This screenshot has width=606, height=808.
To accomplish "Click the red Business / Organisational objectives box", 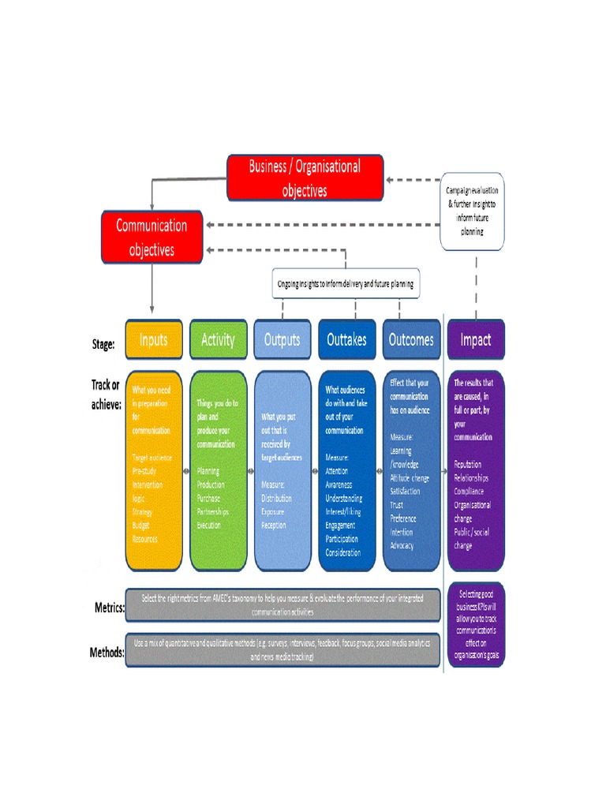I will click(305, 178).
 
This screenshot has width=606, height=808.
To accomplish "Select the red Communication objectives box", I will click(151, 238).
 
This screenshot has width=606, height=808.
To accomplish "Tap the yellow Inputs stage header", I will click(154, 339).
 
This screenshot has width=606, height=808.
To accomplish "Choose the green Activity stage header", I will click(218, 339).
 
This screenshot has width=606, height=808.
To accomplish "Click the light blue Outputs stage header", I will click(282, 339).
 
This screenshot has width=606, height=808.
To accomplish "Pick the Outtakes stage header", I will click(346, 339).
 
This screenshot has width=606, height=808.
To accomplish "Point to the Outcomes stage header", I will click(411, 339).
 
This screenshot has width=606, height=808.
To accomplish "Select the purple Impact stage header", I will click(475, 339).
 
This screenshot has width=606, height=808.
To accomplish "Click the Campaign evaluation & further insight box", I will click(472, 211).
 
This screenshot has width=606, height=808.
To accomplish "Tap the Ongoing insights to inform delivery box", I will click(346, 282).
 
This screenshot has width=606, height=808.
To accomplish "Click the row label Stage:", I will click(103, 343).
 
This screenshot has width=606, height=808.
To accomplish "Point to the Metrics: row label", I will click(107, 608).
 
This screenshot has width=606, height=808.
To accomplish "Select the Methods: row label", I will click(107, 653).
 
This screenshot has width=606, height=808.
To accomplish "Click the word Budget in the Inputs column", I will click(141, 526).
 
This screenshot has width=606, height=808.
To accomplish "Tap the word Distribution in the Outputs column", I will click(276, 499).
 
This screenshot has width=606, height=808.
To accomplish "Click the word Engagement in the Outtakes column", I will click(340, 526).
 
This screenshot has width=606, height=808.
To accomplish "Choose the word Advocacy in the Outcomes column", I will click(402, 545).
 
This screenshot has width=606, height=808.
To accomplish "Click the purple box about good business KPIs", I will click(475, 623).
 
